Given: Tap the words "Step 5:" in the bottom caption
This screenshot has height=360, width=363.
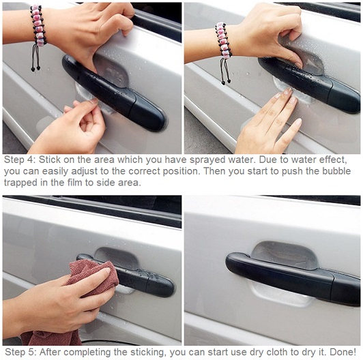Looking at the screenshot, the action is click(x=20, y=352).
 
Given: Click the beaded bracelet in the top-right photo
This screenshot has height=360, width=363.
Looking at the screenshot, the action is click(x=223, y=40).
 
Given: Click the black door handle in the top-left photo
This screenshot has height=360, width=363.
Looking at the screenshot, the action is click(x=113, y=93).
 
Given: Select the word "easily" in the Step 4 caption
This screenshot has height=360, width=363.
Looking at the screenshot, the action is click(x=55, y=172).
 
